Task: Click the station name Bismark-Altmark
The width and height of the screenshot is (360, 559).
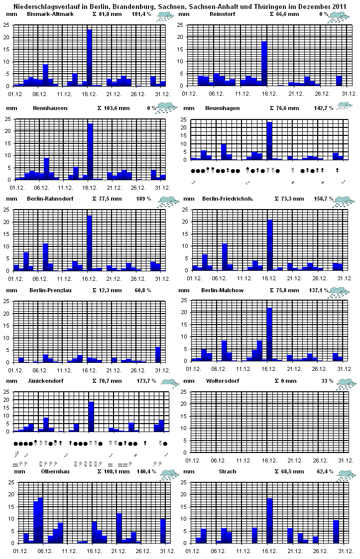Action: click(50, 14)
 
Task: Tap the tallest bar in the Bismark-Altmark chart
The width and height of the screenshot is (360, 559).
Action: click(90, 58)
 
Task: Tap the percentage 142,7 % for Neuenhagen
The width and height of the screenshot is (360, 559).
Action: click(314, 108)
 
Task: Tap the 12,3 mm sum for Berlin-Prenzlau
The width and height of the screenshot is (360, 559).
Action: click(111, 290)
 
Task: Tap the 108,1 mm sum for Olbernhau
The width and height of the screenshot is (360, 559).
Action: click(114, 471)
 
